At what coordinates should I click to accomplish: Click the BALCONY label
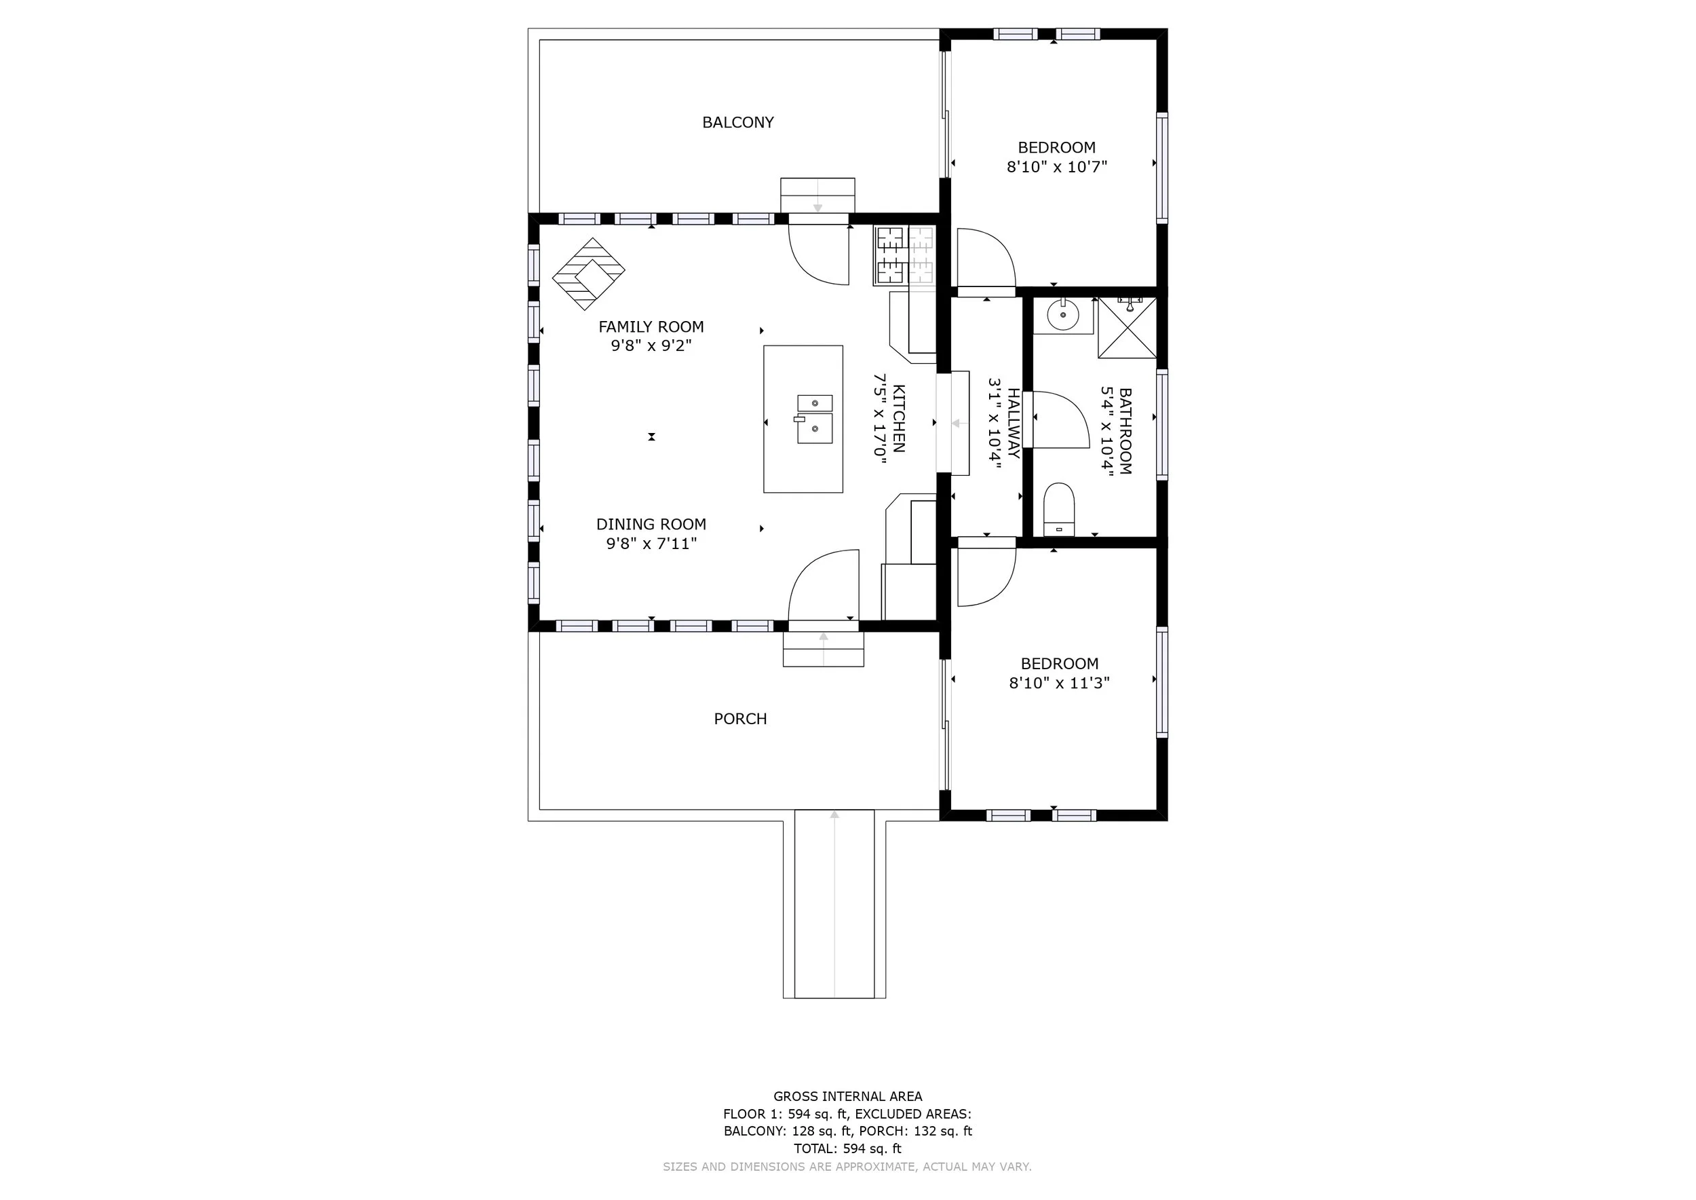[x=738, y=123]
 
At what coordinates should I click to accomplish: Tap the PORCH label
[x=740, y=719]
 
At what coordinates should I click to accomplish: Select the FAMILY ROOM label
[x=651, y=326]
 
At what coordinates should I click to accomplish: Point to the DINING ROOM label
[x=651, y=525]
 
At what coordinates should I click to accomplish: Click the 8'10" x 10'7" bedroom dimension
[x=1057, y=167]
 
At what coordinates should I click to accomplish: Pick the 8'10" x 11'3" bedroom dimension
[x=1059, y=683]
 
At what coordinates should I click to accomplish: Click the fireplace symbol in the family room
[x=589, y=274]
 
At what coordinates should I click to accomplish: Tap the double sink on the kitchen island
[x=814, y=419]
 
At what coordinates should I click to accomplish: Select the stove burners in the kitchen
[x=890, y=256]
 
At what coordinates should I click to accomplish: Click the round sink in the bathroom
[x=1063, y=316]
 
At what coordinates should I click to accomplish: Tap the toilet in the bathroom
[x=1058, y=510]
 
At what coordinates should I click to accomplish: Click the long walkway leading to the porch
[x=834, y=903]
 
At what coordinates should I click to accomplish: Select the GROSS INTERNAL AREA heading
[x=847, y=1097]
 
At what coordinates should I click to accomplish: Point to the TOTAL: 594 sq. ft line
[x=847, y=1148]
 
